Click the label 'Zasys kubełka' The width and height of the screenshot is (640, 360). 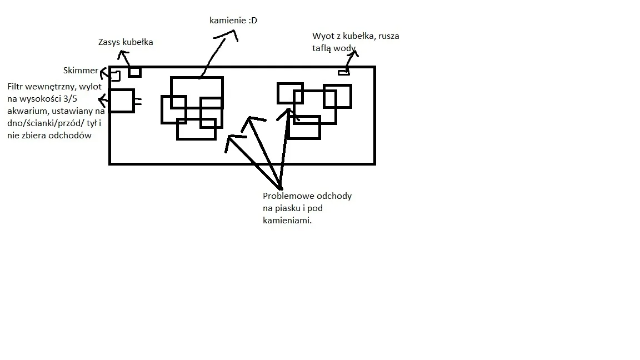click(126, 42)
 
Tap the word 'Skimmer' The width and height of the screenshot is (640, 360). click(81, 71)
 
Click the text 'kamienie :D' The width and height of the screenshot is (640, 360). click(233, 21)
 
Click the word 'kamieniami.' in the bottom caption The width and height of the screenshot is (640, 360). click(287, 221)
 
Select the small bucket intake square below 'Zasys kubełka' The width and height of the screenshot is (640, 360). click(134, 72)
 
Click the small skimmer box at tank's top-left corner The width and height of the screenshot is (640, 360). click(115, 76)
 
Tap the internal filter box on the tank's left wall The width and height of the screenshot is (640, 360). click(122, 101)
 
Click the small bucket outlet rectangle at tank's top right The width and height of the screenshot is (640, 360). click(344, 72)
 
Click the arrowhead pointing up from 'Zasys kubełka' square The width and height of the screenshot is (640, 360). click(124, 54)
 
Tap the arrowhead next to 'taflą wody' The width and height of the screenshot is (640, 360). click(353, 52)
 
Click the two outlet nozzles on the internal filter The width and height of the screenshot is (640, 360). click(138, 102)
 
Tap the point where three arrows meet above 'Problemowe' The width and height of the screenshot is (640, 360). click(280, 187)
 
